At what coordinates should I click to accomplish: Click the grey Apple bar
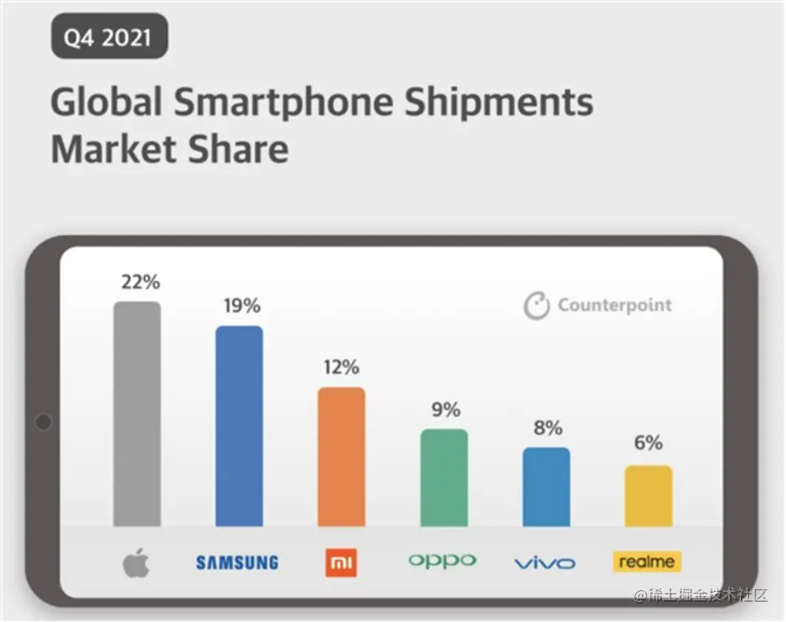(136, 414)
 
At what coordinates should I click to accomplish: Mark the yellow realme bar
(648, 496)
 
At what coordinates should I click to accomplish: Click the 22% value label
(140, 282)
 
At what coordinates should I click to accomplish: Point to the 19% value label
(241, 306)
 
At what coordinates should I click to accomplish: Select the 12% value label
(341, 367)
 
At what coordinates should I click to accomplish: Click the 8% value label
(547, 428)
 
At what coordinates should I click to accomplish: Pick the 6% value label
(648, 443)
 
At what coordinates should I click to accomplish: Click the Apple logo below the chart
(136, 563)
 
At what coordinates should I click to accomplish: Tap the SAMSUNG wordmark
(237, 563)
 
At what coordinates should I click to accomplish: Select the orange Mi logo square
(341, 563)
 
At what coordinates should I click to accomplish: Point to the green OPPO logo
(442, 561)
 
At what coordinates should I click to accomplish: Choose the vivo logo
(545, 563)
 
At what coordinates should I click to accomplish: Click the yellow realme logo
(646, 562)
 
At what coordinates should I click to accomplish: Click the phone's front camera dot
(44, 422)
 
